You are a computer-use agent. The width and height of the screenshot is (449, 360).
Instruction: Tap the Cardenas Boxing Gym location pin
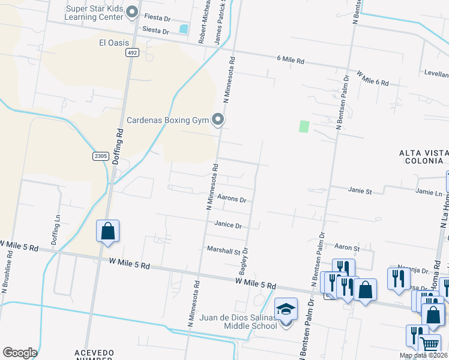click(x=218, y=121)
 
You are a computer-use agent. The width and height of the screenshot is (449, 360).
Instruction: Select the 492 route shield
click(x=131, y=53)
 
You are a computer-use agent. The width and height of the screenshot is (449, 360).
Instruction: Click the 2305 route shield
click(x=100, y=156)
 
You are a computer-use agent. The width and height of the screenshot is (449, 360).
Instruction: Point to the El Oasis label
click(x=115, y=43)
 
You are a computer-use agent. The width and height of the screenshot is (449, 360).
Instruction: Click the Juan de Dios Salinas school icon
click(x=286, y=310)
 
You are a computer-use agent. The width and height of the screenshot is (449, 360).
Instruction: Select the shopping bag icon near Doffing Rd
click(x=107, y=231)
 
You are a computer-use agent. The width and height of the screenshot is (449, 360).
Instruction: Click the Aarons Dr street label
click(x=232, y=198)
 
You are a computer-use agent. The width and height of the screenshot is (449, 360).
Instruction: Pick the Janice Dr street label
click(x=228, y=226)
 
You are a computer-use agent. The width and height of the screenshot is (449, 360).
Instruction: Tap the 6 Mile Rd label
click(x=291, y=61)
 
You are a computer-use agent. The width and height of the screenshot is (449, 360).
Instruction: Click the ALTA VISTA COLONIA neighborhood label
click(x=423, y=157)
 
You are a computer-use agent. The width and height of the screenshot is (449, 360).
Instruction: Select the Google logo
click(x=20, y=352)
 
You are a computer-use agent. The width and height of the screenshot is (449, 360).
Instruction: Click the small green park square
click(x=304, y=127)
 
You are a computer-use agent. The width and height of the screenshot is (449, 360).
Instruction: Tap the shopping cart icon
click(x=429, y=344)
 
